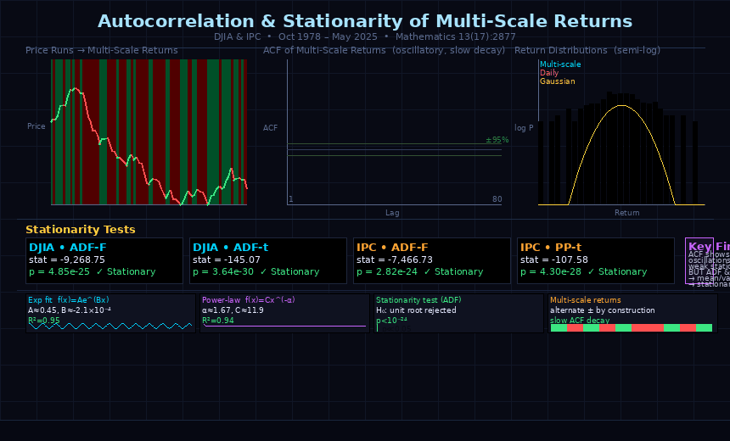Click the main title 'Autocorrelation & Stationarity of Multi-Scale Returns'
365,22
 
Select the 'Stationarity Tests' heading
81,230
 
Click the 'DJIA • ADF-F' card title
68,248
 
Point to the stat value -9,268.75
67,260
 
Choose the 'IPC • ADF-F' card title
395,248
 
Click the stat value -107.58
554,260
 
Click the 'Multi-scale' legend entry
560,64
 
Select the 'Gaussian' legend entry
558,81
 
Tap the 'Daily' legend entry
549,73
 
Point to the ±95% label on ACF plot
497,140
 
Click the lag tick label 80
497,199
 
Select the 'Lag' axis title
392,213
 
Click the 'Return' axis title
627,213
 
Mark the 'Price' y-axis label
36,126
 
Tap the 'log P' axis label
524,128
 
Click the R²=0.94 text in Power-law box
218,320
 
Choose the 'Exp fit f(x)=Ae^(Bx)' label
68,300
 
